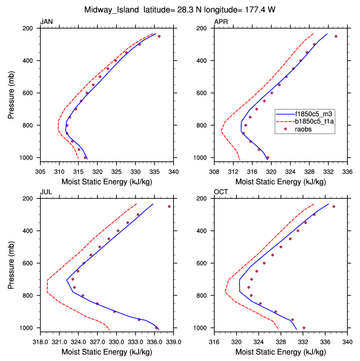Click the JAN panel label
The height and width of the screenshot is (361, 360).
coord(46,22)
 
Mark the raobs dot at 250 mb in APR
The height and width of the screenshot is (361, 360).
coord(336,37)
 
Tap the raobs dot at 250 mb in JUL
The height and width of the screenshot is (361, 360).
coord(169,207)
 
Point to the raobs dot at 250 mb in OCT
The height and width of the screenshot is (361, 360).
coord(333,207)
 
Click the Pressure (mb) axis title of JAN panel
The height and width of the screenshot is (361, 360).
coord(12,93)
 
